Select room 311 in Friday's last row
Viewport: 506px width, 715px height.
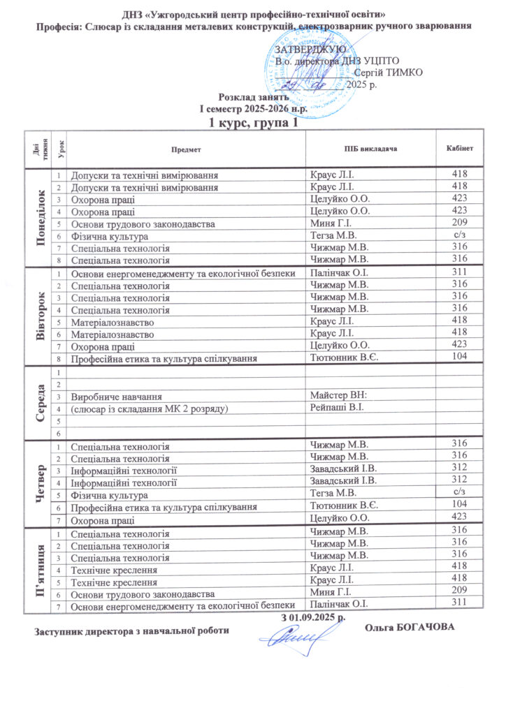459,603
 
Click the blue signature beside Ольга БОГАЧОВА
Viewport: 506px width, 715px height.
294,636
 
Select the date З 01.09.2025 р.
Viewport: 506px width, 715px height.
314,617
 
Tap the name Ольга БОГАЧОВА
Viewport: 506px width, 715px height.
410,626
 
